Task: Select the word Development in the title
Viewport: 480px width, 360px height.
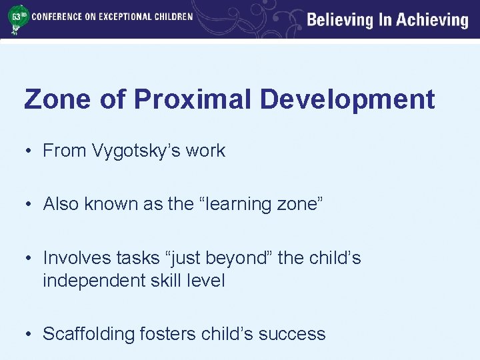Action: pos(347,99)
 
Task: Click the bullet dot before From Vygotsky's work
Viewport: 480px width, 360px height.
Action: pos(29,151)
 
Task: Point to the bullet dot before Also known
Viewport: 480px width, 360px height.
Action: pos(29,204)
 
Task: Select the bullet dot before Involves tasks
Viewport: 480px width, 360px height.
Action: pos(29,258)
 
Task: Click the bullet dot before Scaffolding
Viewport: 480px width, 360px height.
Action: pos(29,333)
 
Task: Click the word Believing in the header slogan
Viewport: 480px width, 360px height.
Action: pos(339,20)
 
